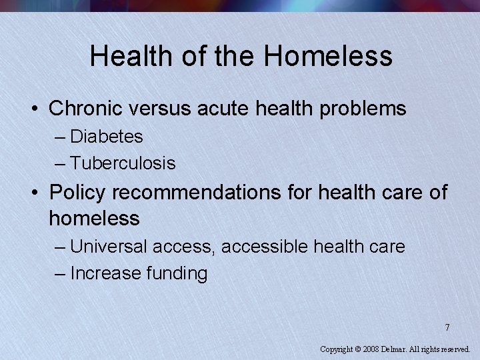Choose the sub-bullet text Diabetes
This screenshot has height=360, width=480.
tap(107, 137)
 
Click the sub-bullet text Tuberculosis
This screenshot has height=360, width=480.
tap(123, 163)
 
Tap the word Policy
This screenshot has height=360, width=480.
tap(77, 192)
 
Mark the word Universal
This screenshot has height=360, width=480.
tap(109, 247)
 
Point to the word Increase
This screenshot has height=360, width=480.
tap(101, 273)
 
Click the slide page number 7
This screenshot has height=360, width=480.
tap(447, 327)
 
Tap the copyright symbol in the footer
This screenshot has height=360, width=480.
tap(359, 349)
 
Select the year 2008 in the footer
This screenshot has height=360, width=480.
tap(372, 349)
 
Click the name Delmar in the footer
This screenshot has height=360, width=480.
tap(395, 349)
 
